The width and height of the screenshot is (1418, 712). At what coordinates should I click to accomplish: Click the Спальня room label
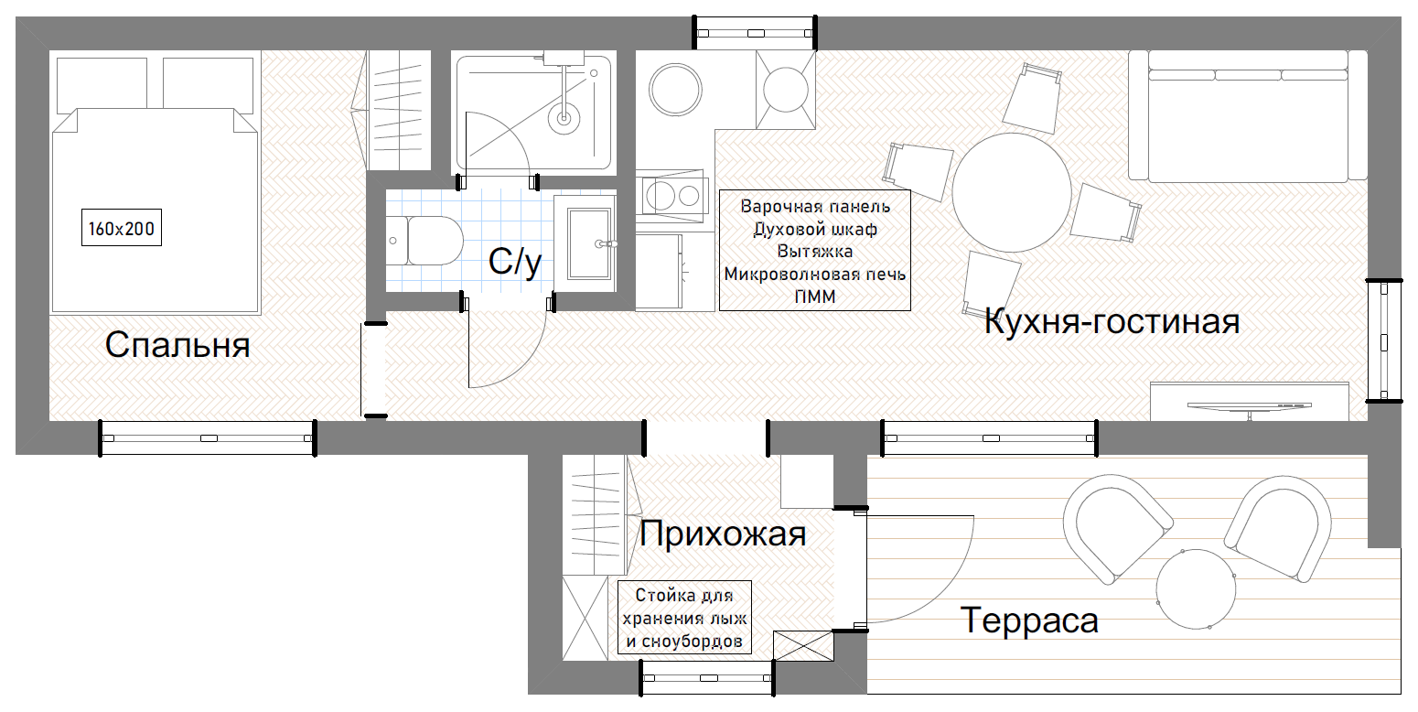177,345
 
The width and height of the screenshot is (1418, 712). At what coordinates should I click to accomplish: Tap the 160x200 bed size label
122,228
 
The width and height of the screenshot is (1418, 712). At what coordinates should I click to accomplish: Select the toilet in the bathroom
424,241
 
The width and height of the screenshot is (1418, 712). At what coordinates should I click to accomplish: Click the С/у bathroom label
515,261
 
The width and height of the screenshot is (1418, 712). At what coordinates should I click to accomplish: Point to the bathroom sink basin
589,243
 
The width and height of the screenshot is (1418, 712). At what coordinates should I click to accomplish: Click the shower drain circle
564,117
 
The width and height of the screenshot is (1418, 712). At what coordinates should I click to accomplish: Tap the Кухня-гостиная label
1112,321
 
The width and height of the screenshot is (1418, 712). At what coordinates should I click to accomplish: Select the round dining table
1012,192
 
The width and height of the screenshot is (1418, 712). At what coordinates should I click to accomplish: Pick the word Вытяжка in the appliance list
815,252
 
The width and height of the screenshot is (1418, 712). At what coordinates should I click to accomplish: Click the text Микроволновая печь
815,275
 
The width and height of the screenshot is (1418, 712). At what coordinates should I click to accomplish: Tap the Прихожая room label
723,534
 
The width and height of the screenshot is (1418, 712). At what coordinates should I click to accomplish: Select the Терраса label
1029,620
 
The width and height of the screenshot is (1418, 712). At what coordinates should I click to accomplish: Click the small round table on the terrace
1196,589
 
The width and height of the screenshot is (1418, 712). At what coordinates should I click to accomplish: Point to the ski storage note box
684,618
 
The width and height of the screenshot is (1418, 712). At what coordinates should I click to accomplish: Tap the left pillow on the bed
102,85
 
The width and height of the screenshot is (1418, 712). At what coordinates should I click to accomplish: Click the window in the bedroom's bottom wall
208,437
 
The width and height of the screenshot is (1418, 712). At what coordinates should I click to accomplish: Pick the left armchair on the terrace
1115,529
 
